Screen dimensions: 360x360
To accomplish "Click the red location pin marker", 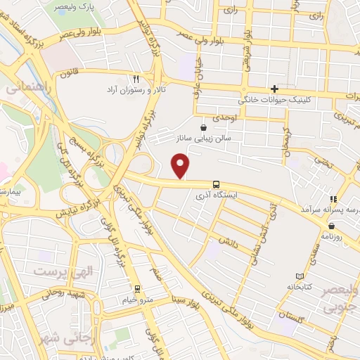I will click(x=181, y=166).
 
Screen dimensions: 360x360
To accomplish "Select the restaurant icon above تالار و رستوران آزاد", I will click(x=136, y=79).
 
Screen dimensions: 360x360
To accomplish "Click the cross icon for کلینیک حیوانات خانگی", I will click(x=275, y=89).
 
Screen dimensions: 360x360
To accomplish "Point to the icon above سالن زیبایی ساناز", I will click(x=204, y=128).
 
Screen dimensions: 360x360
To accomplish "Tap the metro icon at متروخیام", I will click(x=137, y=288).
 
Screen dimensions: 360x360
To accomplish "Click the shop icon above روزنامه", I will click(x=331, y=226).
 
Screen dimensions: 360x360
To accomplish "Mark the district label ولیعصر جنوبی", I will click(x=340, y=298).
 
